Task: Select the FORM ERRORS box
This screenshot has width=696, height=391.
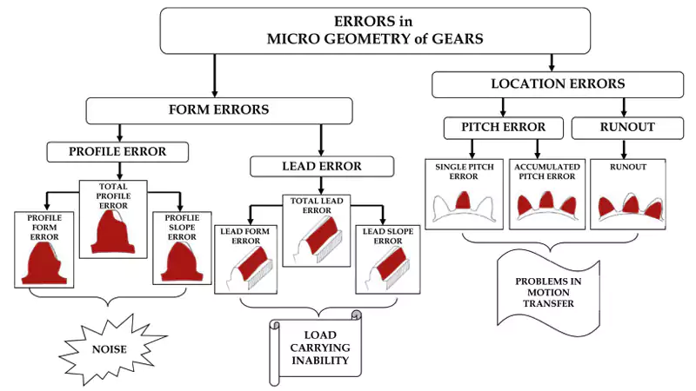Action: click(x=218, y=110)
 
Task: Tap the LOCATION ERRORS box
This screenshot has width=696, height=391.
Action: click(x=558, y=83)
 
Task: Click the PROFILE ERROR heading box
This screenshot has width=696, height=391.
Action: click(x=117, y=152)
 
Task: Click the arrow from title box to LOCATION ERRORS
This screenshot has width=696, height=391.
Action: click(x=552, y=61)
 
